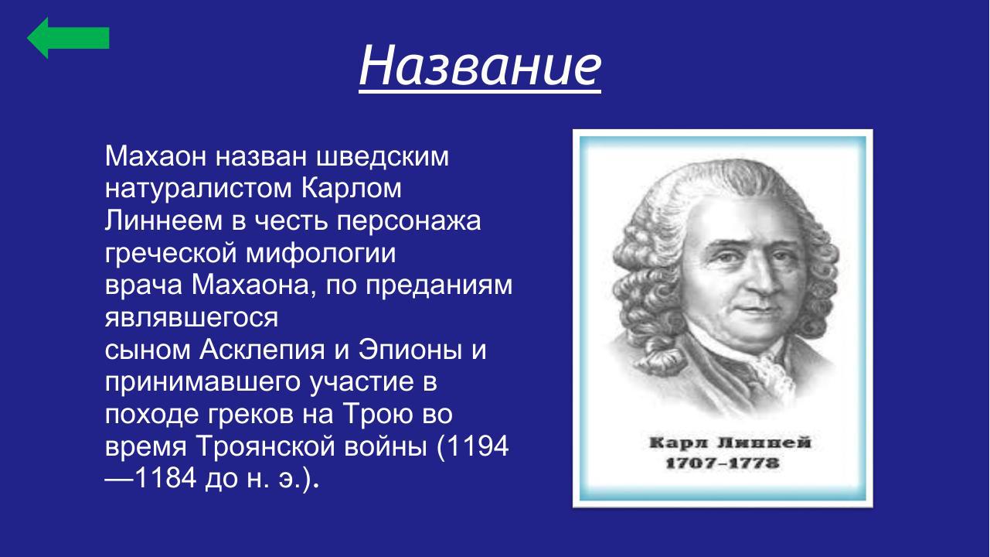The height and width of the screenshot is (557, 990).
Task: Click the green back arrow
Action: point(68,37)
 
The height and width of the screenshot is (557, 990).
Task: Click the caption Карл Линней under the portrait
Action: point(722,443)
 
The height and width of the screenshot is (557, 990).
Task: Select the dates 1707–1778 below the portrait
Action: point(722,464)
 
